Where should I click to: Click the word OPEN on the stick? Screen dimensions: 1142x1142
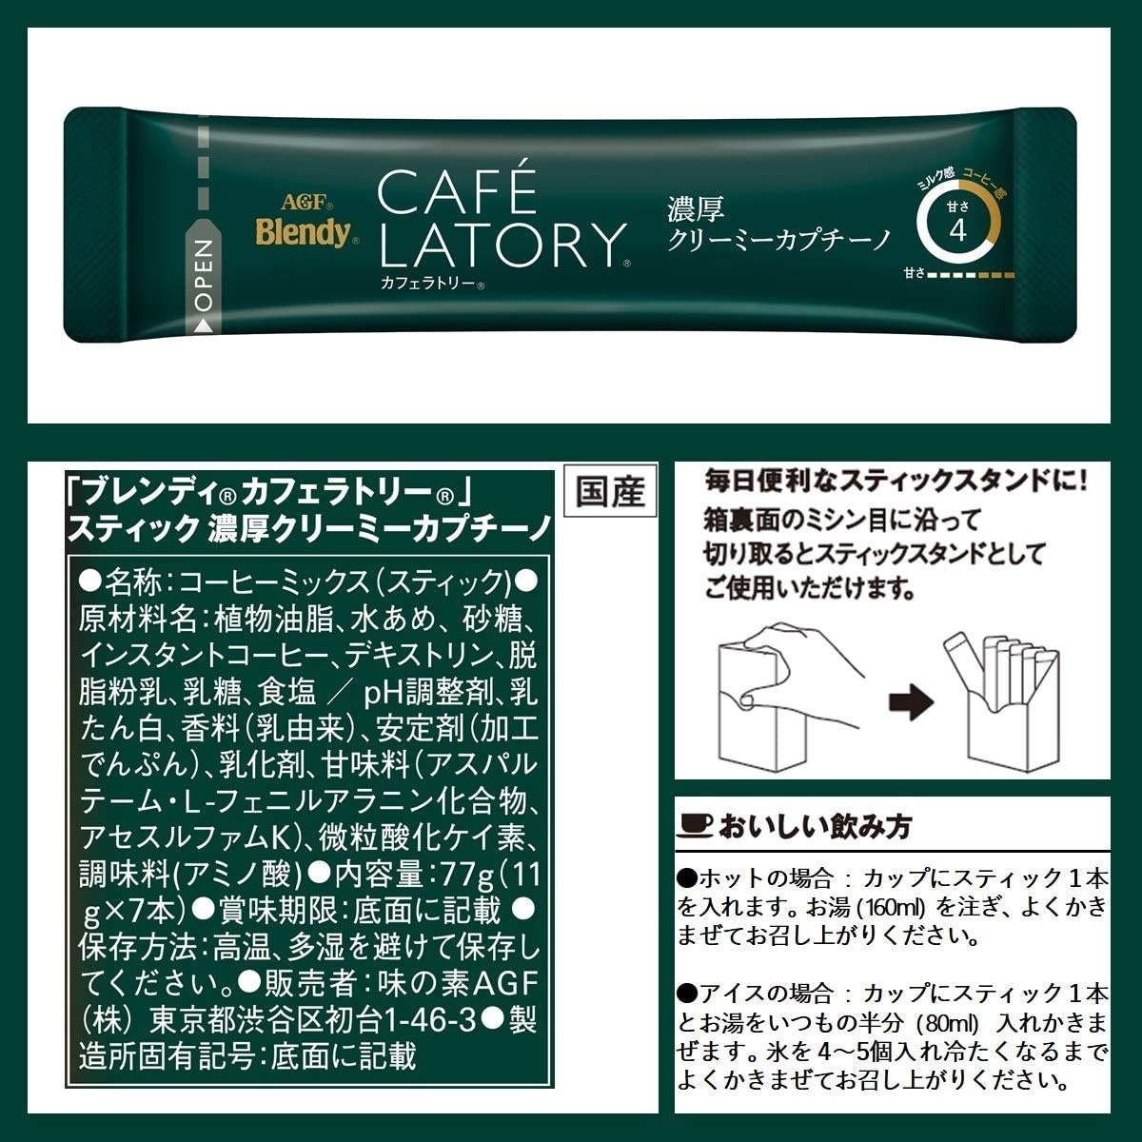pyautogui.click(x=204, y=276)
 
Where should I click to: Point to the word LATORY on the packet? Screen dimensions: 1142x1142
pyautogui.click(x=502, y=245)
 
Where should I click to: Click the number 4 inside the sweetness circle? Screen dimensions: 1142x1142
pyautogui.click(x=957, y=230)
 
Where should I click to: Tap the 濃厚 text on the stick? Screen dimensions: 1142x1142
pyautogui.click(x=696, y=208)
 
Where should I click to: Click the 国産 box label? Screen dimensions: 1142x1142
pyautogui.click(x=610, y=491)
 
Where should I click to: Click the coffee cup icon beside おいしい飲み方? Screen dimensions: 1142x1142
pyautogui.click(x=696, y=826)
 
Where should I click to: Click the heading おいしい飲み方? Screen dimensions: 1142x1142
pyautogui.click(x=815, y=826)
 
